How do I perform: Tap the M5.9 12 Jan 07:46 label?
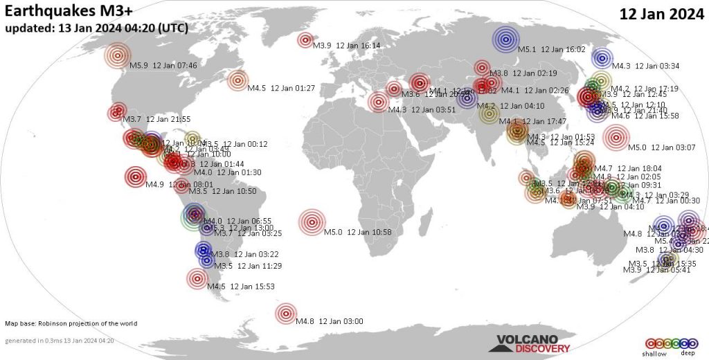coord(163,66)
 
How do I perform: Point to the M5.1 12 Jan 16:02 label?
coord(552,49)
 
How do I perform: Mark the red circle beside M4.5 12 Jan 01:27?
coord(237,80)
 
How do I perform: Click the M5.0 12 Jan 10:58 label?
coord(358,232)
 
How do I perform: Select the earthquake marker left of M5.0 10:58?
coord(312,222)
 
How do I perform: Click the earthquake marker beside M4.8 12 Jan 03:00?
coord(285,313)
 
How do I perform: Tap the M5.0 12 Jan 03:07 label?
coord(662,147)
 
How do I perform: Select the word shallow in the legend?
coord(655,354)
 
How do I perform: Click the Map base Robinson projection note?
coord(71,323)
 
